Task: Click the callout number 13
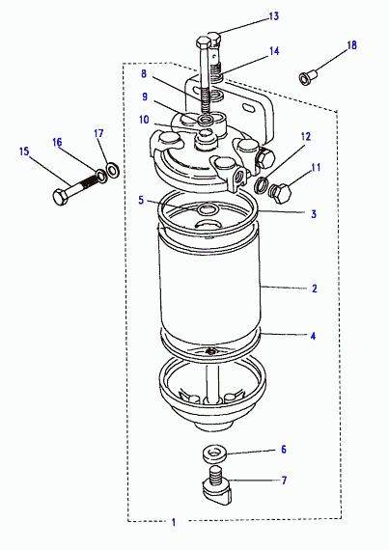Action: point(273,16)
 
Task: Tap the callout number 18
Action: point(351,45)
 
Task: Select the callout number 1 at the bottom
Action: point(174,522)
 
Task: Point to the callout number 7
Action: point(284,481)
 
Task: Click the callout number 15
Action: point(24,151)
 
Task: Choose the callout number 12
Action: point(306,136)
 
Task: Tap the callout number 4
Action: point(313,336)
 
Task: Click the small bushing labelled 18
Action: point(308,78)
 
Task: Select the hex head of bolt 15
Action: point(61,197)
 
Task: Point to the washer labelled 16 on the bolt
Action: point(101,175)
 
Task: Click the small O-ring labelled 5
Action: point(208,210)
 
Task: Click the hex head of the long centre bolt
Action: point(204,42)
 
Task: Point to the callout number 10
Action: point(144,120)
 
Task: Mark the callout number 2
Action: point(315,289)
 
